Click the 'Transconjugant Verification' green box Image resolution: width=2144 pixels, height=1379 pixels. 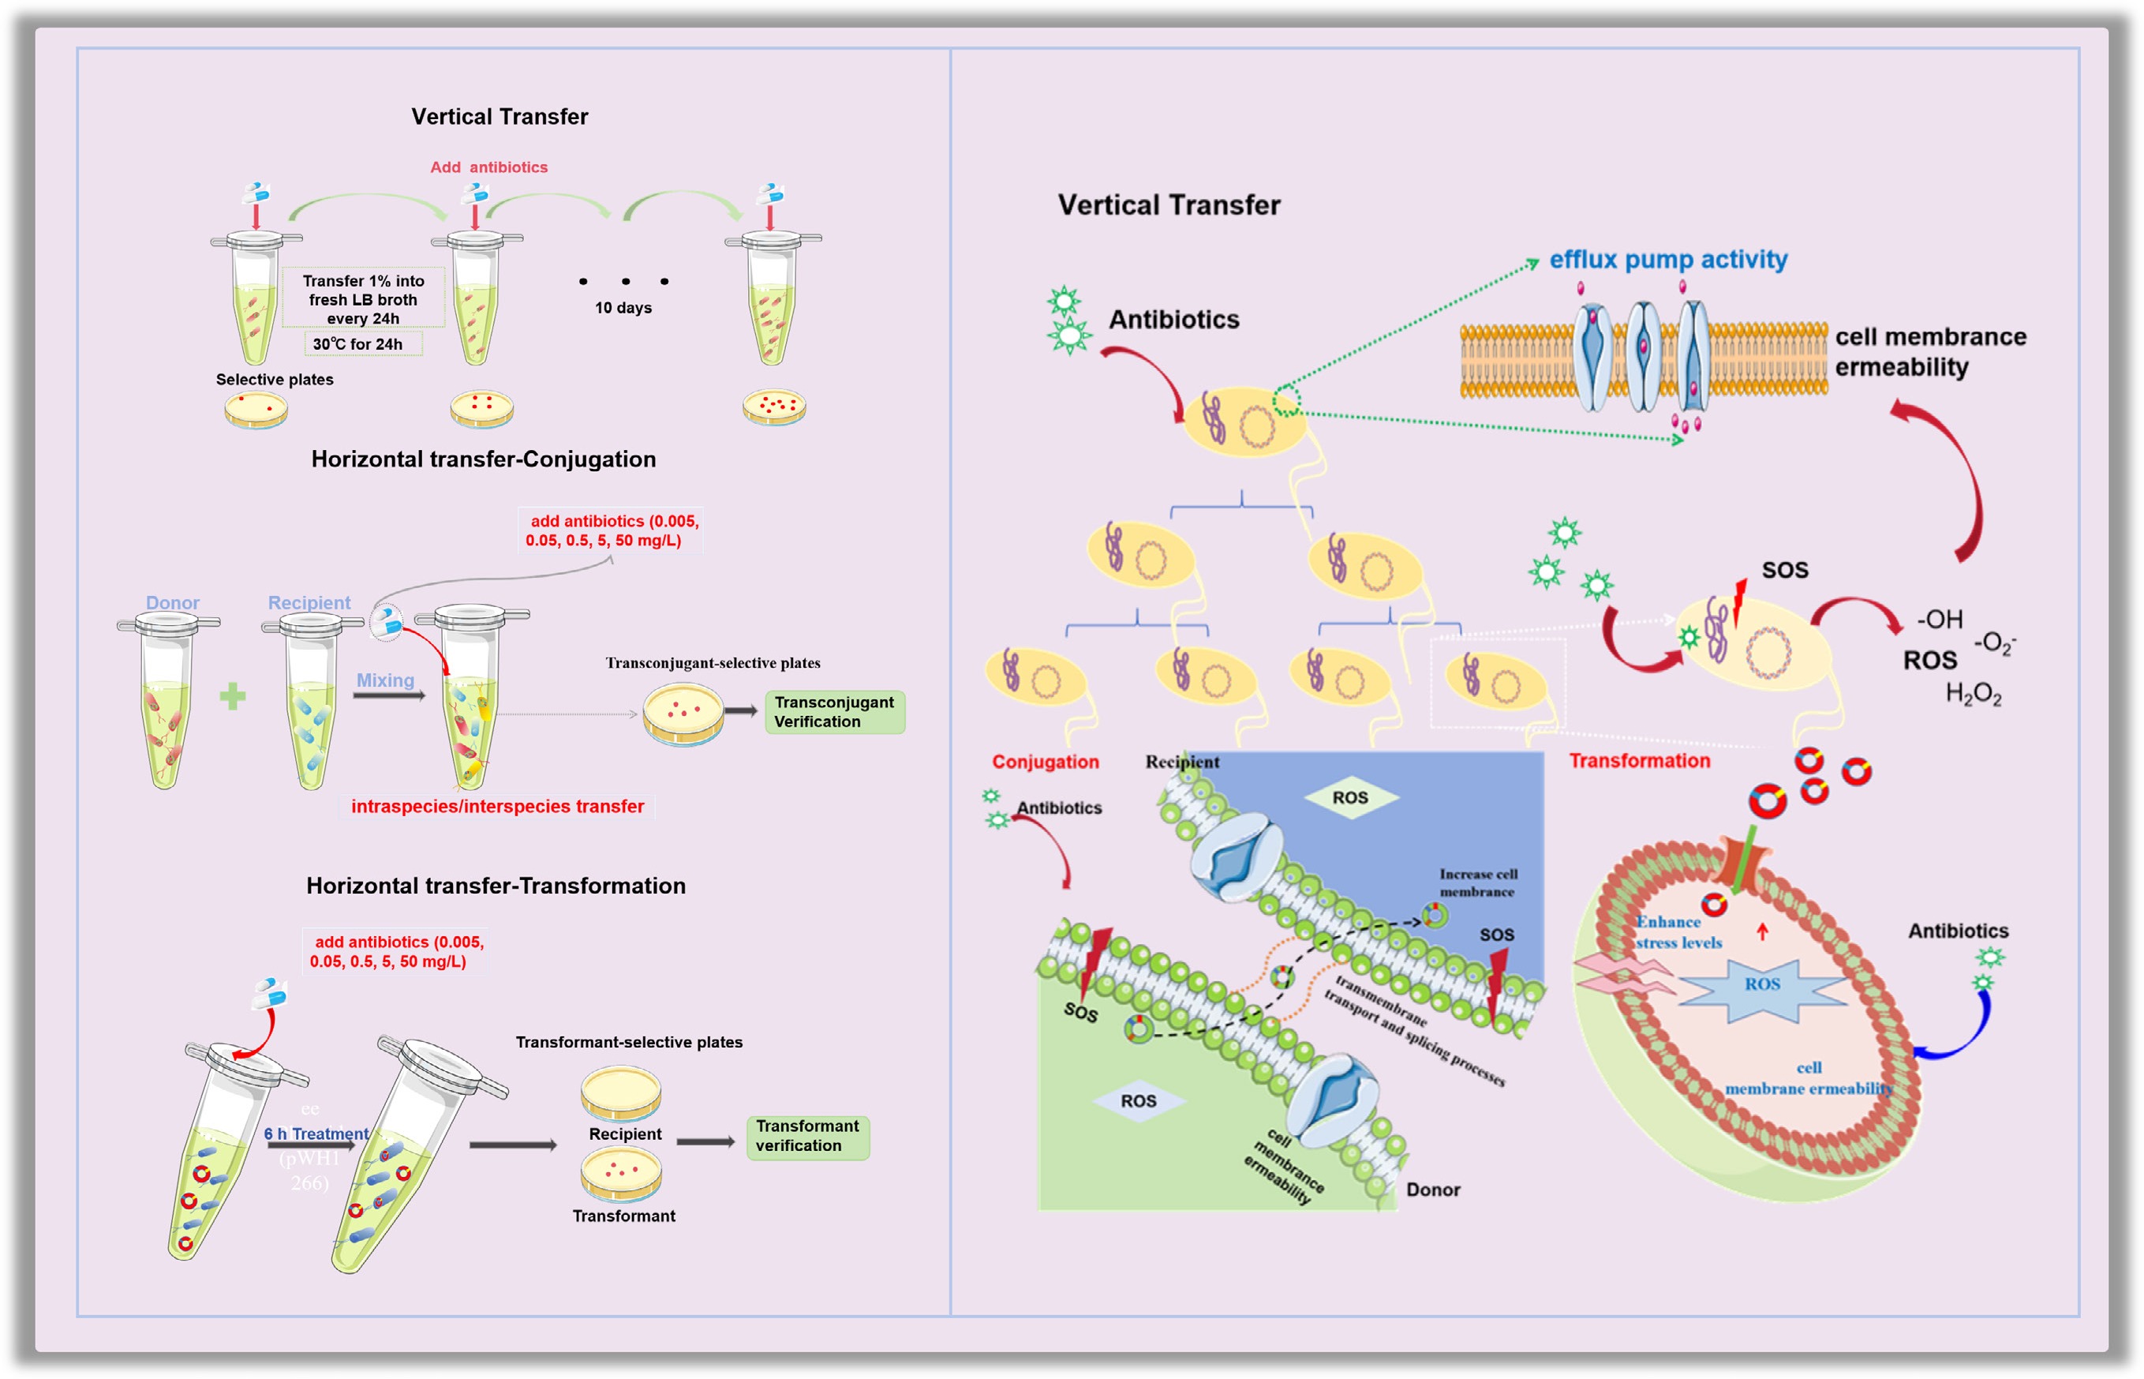point(834,712)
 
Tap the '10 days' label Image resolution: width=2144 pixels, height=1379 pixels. point(623,308)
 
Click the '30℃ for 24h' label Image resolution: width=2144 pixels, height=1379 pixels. point(358,344)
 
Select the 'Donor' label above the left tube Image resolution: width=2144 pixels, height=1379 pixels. point(173,602)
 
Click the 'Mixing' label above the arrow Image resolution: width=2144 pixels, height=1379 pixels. point(385,680)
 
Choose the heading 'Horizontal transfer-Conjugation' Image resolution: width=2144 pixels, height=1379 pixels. point(484,459)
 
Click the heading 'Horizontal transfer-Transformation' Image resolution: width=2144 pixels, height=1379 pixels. point(496,886)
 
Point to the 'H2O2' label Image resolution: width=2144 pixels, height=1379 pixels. point(1973,694)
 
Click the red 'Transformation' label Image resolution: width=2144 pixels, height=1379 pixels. point(1639,760)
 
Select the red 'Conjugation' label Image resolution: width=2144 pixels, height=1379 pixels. point(1045,761)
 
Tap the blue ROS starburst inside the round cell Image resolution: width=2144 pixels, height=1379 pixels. point(1762,984)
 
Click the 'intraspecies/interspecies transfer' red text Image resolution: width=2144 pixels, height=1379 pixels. point(497,806)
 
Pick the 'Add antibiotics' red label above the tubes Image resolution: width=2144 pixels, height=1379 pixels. point(488,167)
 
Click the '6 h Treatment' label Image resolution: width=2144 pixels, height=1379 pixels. point(316,1134)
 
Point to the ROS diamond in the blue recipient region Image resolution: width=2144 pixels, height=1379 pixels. point(1350,797)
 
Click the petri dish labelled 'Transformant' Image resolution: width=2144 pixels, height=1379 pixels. point(621,1173)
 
